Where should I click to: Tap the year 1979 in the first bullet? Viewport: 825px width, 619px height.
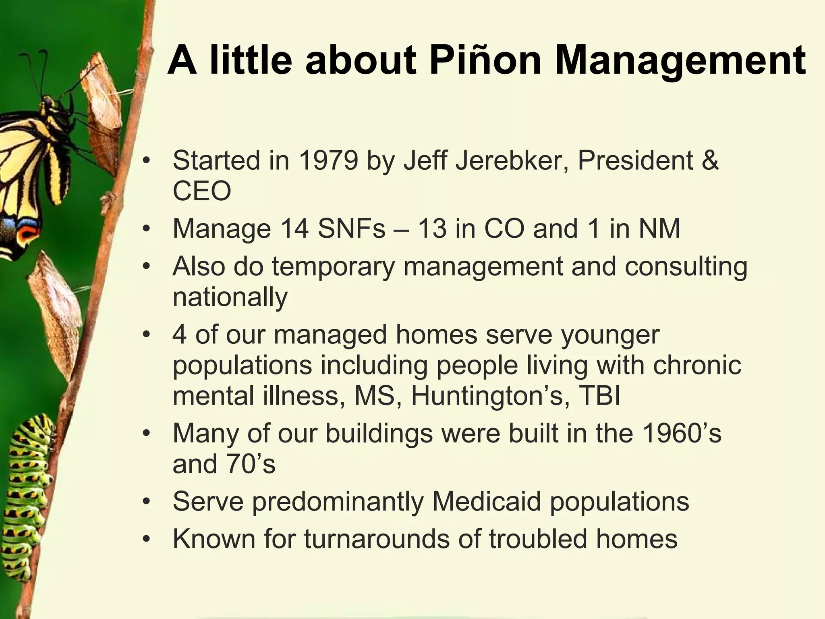[328, 160]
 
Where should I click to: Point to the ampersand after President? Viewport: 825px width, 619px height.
[709, 160]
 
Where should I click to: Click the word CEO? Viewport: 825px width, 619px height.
[202, 191]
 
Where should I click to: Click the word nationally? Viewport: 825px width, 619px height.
[230, 297]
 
